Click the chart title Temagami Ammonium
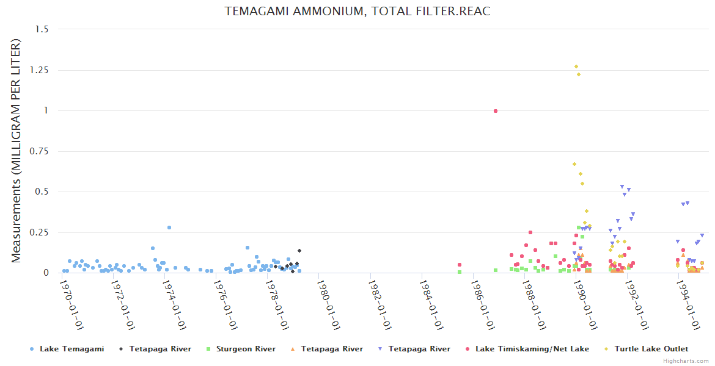(358, 12)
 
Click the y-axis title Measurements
(16, 151)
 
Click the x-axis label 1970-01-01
(72, 304)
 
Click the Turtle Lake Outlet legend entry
(651, 349)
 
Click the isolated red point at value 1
(496, 111)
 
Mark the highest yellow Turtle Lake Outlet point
(576, 66)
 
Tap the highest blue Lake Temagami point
(169, 228)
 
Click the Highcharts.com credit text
(686, 361)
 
